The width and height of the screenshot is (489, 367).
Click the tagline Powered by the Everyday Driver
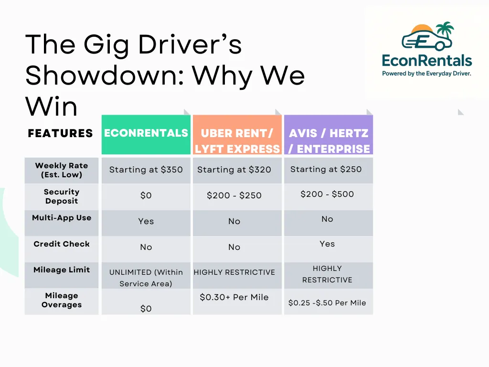point(426,74)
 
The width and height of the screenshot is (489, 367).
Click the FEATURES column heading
point(60,133)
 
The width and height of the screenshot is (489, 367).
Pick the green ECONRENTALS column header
point(146,133)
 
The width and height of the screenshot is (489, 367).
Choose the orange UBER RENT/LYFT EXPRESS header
point(237,141)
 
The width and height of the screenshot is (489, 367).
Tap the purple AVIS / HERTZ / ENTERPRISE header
point(329,141)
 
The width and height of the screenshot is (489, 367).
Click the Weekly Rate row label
point(62,170)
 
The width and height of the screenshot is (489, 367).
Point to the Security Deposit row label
point(62,196)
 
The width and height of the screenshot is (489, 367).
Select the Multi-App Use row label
point(62,218)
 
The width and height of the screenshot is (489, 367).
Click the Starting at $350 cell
point(146,170)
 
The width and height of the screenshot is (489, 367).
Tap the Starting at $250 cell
point(326,169)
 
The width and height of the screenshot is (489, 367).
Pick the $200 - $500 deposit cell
point(327,194)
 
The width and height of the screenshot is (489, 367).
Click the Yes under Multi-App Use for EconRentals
point(146,221)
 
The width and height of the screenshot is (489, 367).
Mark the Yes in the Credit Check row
point(327,244)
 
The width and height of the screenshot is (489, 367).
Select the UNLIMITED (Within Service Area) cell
point(146,278)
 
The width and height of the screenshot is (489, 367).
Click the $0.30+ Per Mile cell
point(234,297)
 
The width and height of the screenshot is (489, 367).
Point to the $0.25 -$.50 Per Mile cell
point(327,303)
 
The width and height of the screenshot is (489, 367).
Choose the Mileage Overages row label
point(62,300)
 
